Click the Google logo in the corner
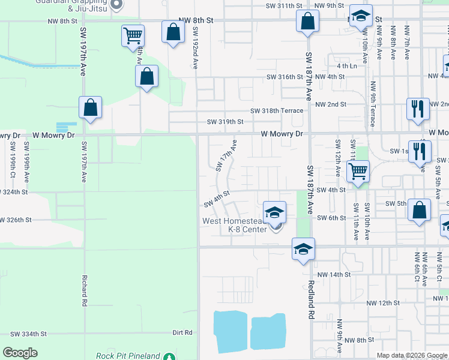20,353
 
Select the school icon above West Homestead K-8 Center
274,212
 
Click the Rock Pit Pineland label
128,356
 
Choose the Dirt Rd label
182,332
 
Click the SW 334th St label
28,334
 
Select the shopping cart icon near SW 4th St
358,171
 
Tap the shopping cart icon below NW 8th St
133,35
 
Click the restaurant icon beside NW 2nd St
418,109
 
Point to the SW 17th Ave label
227,155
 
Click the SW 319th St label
225,122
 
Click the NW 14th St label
333,274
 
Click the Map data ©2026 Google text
412,355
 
